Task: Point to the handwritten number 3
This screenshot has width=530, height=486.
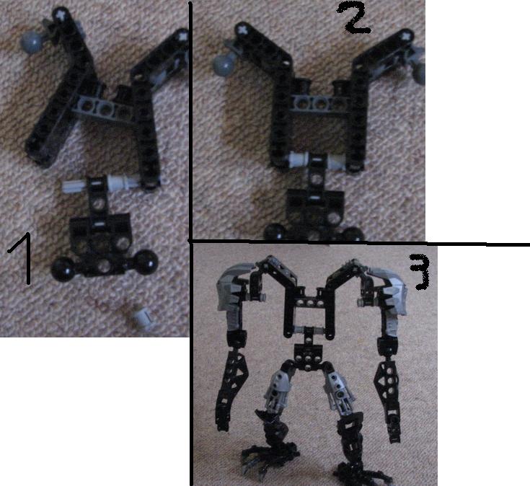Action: (420, 272)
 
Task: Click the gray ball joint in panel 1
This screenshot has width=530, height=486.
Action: (32, 40)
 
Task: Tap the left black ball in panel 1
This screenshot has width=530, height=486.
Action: (63, 269)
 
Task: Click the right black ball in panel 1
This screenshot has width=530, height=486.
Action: (146, 262)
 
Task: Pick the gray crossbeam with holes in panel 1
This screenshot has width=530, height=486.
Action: (102, 106)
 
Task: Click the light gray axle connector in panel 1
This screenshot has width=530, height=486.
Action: (100, 184)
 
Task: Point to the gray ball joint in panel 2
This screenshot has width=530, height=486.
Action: (224, 64)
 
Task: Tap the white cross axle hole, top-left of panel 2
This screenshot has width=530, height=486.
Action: (242, 29)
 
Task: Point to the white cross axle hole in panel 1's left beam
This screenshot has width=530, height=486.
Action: (61, 15)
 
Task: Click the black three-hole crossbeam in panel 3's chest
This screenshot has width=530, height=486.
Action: (309, 301)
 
